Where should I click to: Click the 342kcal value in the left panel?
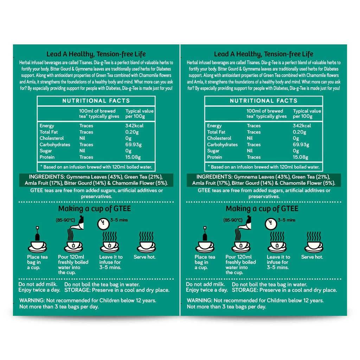coord(134,126)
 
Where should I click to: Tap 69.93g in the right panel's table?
coord(301,144)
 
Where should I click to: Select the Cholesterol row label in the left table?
coord(52,138)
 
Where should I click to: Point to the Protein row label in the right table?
coord(214,157)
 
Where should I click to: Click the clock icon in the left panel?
coord(103,224)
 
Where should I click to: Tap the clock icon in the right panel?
coord(271,224)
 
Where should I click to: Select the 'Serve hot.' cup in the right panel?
coord(314,247)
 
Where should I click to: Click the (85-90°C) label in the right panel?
coord(233,220)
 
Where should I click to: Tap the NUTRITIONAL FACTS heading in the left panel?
coord(96,101)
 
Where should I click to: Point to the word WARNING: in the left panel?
coord(32,301)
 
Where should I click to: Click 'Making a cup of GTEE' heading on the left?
coord(95,209)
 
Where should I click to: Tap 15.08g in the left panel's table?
coord(133,157)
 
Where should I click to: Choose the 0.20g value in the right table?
coord(300,132)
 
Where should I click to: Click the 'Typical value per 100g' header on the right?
coord(307,114)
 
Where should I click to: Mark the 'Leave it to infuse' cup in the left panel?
coord(110,247)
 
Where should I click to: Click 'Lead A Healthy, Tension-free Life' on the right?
coord(264,54)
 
